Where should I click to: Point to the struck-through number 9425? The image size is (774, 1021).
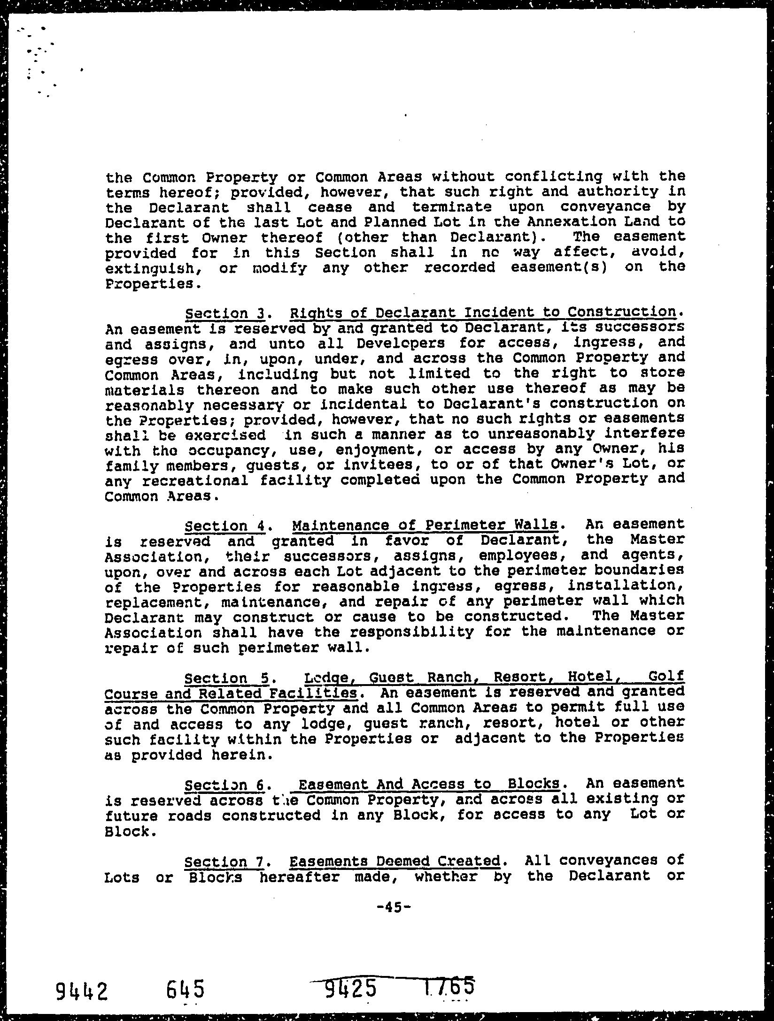click(x=351, y=986)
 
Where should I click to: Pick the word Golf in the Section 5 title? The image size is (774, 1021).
click(x=666, y=676)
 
